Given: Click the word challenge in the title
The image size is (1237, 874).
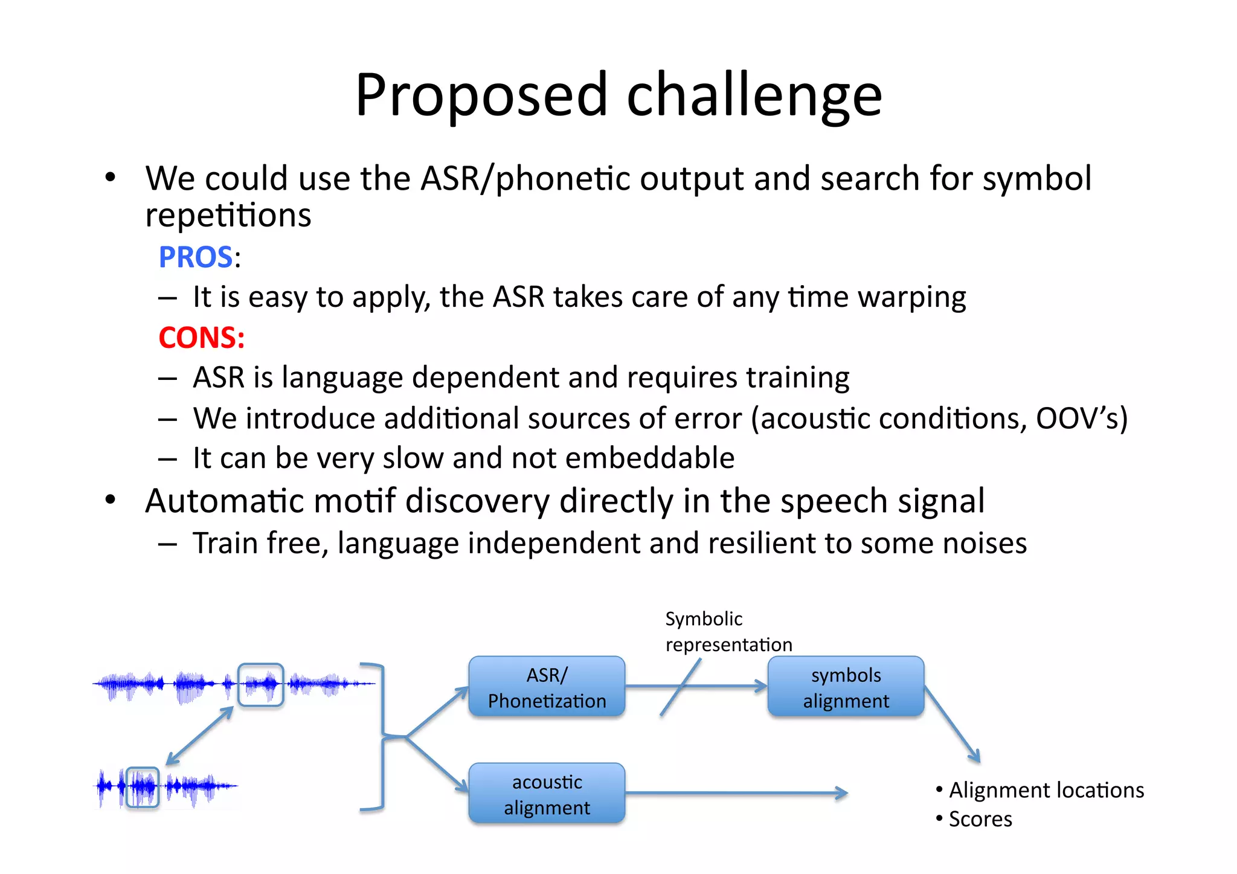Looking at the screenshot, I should [x=754, y=97].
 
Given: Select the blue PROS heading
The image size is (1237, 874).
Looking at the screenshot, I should [x=196, y=257].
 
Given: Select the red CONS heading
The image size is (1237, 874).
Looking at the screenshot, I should [x=201, y=337].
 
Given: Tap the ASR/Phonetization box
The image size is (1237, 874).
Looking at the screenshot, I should [x=547, y=687].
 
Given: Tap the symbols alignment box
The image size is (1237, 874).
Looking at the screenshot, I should [x=846, y=687].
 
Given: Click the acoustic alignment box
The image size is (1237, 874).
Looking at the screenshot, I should [x=547, y=794].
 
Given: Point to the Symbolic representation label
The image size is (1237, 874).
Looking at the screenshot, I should [x=728, y=632].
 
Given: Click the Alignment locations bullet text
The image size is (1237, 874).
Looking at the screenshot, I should [x=1046, y=790].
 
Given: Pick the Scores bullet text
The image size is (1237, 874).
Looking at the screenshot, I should [x=980, y=819].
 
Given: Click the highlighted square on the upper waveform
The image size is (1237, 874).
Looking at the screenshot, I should [x=260, y=684].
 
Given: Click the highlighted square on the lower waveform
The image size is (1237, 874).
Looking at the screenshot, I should [x=143, y=787].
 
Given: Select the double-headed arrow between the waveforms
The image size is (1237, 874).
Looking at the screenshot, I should [x=199, y=736].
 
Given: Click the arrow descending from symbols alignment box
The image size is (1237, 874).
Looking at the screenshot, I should [x=952, y=724].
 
